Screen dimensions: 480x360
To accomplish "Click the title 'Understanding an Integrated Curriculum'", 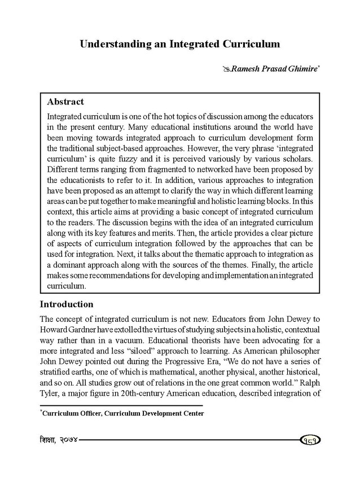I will (x=179, y=43).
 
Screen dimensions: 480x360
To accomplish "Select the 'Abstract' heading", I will (x=65, y=102).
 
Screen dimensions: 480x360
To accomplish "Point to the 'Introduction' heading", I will (x=67, y=304).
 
